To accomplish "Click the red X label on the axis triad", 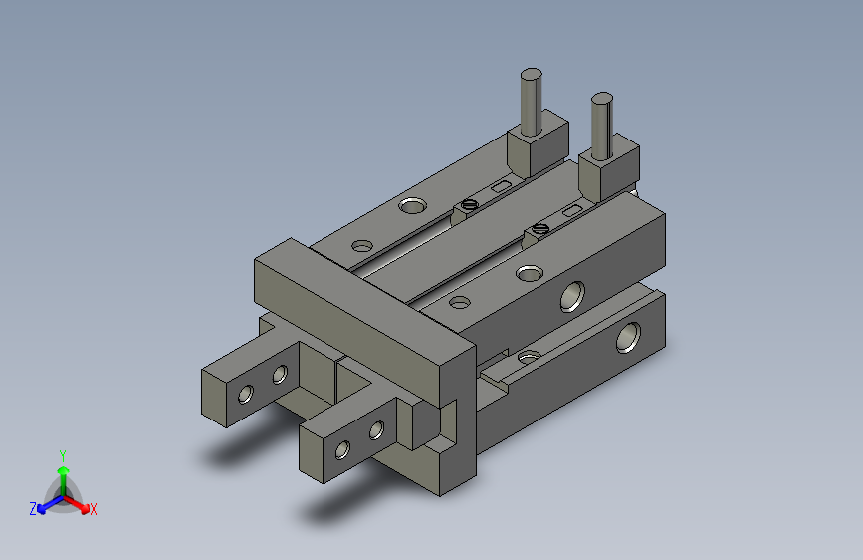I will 93,509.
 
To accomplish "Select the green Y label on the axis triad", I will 62,453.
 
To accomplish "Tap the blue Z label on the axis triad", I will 33,509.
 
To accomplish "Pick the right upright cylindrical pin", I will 601,124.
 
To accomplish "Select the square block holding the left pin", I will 536,145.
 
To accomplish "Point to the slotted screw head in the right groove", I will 540,228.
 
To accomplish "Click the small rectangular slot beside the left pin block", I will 501,186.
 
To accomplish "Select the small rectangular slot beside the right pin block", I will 572,211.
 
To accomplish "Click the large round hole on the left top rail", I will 410,206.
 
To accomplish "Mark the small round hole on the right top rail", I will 460,301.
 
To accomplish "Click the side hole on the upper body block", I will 572,296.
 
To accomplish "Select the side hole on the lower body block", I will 628,337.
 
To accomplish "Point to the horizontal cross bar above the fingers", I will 358,313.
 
